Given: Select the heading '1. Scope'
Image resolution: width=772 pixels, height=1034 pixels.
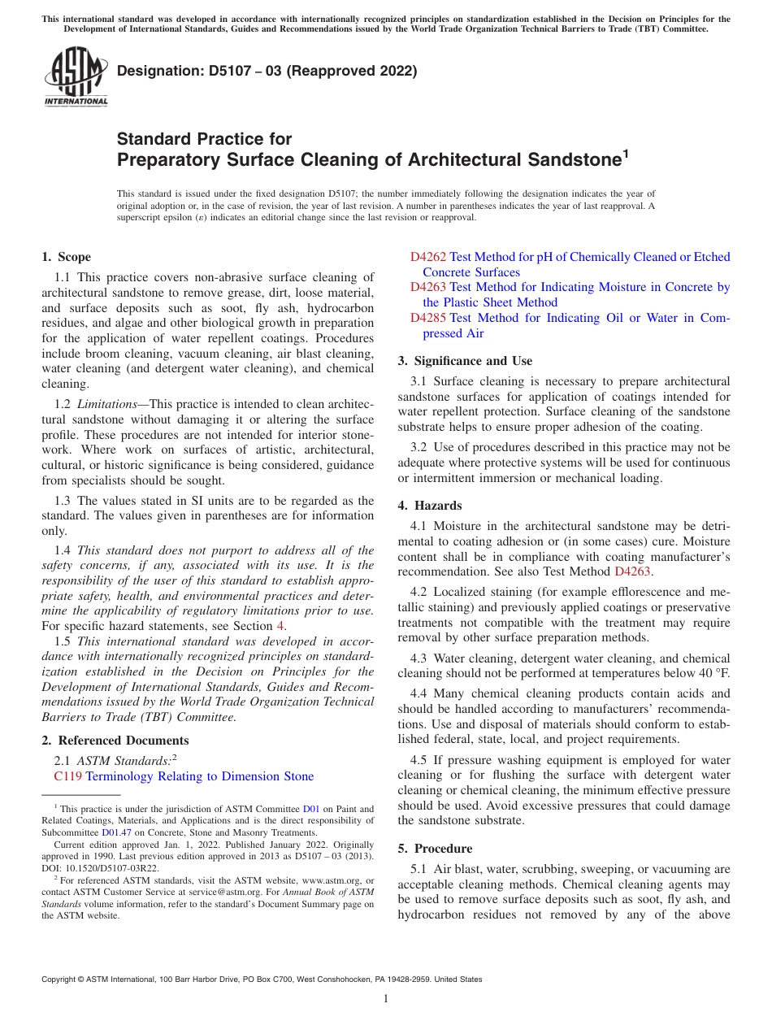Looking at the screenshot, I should tap(66, 257).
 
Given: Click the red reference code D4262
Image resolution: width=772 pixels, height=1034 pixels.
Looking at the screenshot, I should tap(427, 257).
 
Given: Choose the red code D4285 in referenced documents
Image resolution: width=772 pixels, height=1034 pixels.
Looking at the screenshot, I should tap(427, 318).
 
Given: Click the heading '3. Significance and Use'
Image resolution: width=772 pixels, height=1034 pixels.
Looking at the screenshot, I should tap(465, 360).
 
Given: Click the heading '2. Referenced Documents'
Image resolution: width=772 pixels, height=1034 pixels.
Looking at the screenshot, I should tap(115, 740).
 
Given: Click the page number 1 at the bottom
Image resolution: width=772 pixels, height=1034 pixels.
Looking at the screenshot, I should tap(386, 998).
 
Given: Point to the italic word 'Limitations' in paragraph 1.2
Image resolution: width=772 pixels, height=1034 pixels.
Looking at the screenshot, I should tap(108, 404).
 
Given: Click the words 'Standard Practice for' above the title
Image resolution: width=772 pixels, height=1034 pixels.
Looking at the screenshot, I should tap(204, 139).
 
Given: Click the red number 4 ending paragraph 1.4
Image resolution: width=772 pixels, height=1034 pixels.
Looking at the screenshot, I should tap(281, 625).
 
